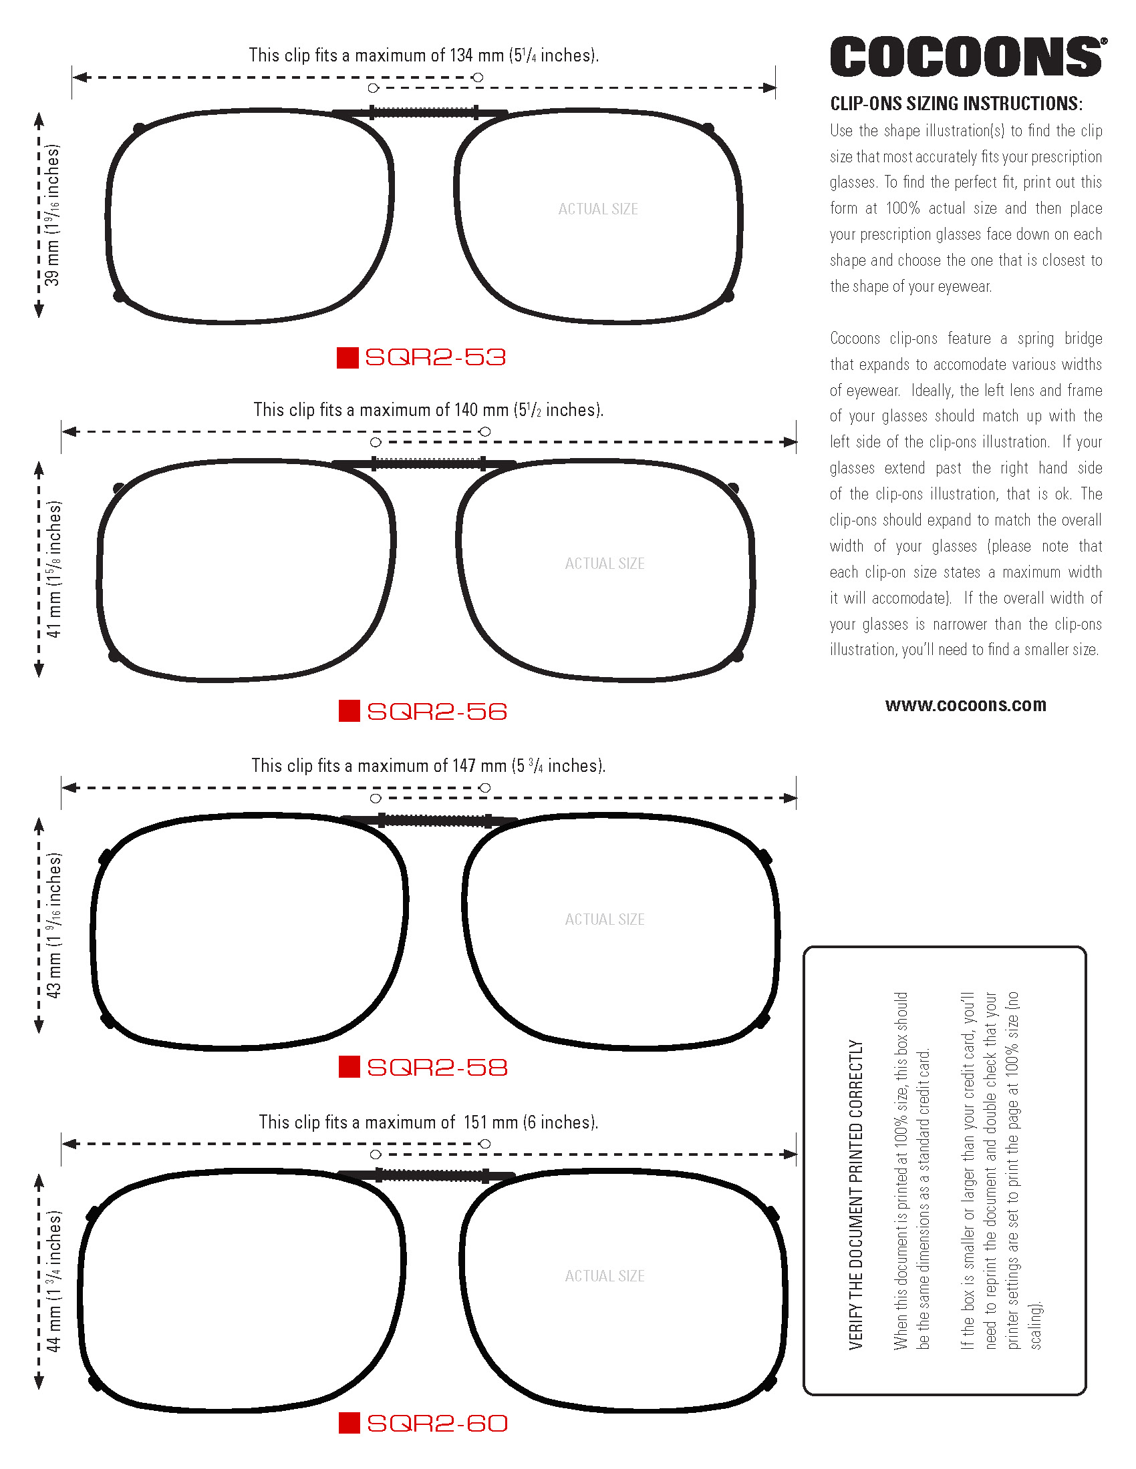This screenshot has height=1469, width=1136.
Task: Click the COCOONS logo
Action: click(968, 57)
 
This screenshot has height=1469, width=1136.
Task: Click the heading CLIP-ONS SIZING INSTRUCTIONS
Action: click(956, 103)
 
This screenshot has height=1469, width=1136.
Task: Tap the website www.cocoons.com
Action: click(965, 705)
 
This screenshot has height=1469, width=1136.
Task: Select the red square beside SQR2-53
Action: click(347, 357)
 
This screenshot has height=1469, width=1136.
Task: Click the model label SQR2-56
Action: click(437, 712)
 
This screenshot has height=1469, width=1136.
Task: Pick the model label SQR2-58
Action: click(437, 1068)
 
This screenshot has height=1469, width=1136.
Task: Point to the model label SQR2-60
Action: click(437, 1424)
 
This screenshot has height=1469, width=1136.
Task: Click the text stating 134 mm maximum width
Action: click(423, 55)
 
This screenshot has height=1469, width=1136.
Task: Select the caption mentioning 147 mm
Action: click(428, 765)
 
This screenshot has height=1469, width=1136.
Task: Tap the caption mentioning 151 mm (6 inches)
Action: click(428, 1122)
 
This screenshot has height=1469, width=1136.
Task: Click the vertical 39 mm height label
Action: click(53, 215)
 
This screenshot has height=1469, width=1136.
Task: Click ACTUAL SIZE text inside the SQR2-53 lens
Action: click(597, 209)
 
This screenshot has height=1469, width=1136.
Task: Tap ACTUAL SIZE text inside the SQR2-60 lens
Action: click(604, 1276)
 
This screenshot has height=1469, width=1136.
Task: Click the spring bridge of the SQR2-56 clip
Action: click(429, 463)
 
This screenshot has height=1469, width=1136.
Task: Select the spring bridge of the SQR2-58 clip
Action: click(436, 821)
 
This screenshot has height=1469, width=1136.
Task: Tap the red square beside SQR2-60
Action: click(349, 1424)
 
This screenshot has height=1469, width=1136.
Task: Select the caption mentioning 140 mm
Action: click(428, 409)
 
